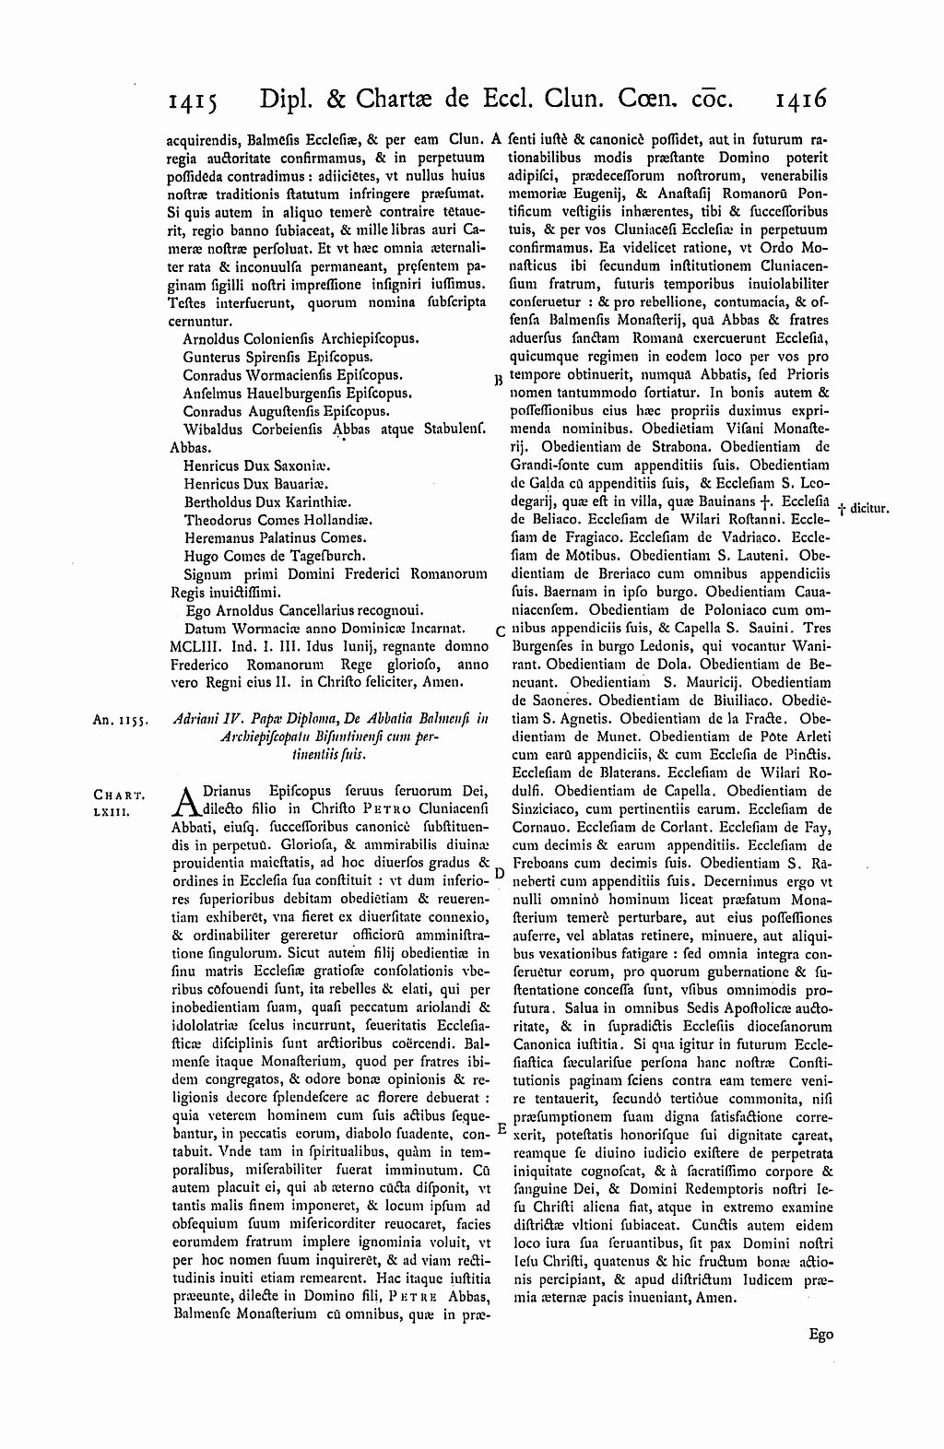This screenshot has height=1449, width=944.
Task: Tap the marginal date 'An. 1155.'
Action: pyautogui.click(x=114, y=723)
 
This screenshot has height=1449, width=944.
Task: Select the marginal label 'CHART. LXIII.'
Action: pyautogui.click(x=115, y=801)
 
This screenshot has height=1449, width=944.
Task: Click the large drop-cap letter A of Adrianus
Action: pyautogui.click(x=186, y=801)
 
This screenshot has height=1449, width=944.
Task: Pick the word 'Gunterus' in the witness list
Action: pyautogui.click(x=211, y=357)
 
